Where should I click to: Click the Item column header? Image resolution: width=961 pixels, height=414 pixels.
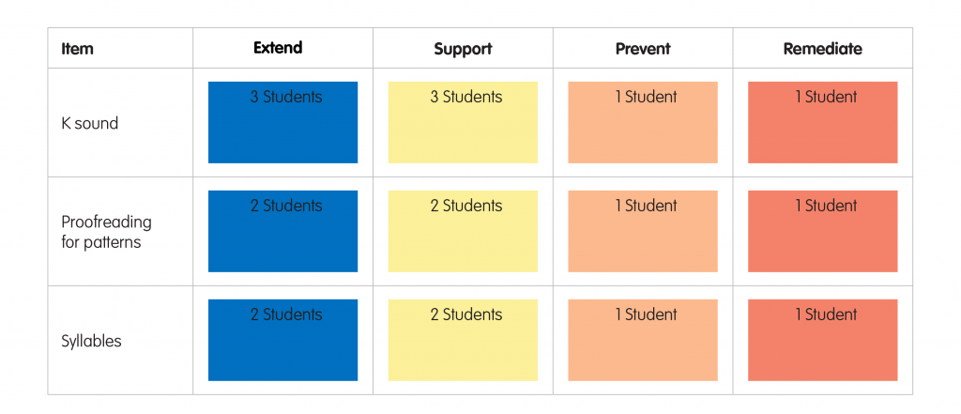coord(77,49)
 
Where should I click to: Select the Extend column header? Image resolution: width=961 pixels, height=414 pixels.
coord(278,48)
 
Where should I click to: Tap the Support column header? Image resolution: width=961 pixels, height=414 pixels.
coord(463,49)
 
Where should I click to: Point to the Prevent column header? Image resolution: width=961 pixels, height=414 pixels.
coord(643,49)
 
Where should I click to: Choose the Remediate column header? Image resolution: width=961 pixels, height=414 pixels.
coord(822,49)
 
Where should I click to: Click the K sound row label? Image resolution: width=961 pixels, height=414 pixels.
coord(89,123)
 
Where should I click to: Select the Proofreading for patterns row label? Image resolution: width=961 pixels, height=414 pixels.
coord(106,232)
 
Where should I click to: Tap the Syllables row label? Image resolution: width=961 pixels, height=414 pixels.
coord(91,341)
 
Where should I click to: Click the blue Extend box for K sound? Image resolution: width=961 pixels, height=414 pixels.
coord(282,122)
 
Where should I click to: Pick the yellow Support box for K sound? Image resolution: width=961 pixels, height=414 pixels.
coord(463,122)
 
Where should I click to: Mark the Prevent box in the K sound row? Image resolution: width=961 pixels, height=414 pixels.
coord(643,122)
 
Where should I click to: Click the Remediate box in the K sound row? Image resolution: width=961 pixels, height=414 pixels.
coord(822,122)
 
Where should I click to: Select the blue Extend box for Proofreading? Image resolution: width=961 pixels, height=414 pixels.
coord(282,231)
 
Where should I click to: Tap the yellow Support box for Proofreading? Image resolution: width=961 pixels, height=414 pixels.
coord(463,231)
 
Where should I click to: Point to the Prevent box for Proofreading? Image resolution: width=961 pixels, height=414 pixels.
coord(643,231)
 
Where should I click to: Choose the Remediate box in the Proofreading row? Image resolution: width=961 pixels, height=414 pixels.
coord(822,231)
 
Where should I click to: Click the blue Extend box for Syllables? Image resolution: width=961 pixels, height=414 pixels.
coord(282,340)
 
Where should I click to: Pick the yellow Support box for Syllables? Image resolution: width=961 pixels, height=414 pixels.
coord(463,340)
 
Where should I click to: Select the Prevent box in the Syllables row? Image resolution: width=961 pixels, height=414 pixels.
coord(643,340)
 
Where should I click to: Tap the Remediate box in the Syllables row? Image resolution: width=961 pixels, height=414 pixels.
coord(822,340)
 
